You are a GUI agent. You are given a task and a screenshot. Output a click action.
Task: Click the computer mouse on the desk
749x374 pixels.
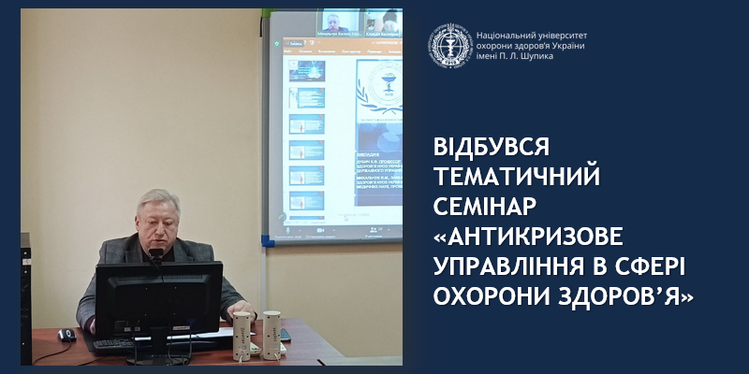point(66,334)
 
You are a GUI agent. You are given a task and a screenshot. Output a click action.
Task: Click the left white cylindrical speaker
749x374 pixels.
point(242,332)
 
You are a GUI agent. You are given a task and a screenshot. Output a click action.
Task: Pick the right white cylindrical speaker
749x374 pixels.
point(272,332)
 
